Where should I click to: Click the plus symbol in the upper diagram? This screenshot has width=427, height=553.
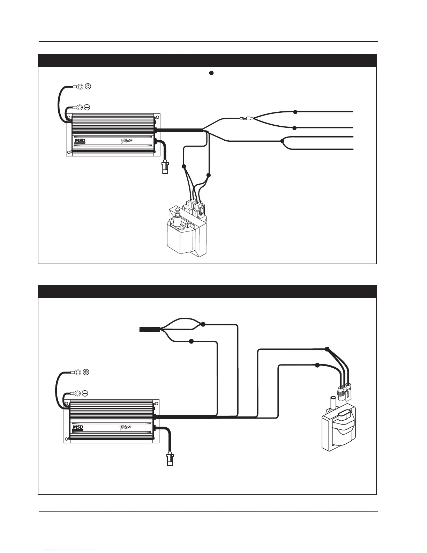tap(88, 87)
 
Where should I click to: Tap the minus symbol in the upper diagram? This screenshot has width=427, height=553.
tap(87, 107)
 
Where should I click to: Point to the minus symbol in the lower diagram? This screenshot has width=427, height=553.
tap(85, 393)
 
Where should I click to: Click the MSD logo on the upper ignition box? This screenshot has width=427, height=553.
tap(80, 141)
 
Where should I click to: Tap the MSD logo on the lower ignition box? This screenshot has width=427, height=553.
tap(77, 427)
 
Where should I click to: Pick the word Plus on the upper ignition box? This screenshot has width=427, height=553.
tap(126, 141)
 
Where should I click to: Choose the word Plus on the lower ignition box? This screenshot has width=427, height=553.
tap(125, 427)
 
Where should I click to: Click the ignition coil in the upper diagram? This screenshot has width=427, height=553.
tap(185, 234)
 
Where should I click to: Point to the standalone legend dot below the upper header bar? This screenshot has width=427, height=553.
tap(211, 73)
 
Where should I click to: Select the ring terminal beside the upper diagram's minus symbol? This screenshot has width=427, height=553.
tap(79, 107)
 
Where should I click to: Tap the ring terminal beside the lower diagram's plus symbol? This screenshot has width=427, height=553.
tap(78, 373)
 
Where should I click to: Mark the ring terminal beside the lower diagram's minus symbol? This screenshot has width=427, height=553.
tap(77, 393)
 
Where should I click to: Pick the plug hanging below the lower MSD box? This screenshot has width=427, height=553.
tap(170, 458)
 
